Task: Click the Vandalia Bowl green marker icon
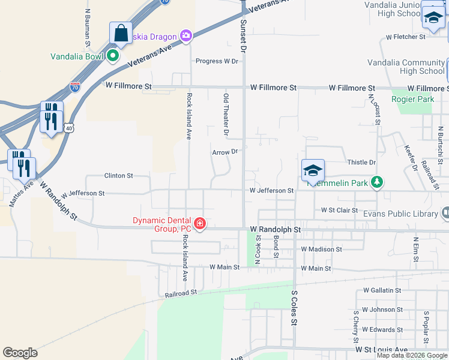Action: click(x=112, y=57)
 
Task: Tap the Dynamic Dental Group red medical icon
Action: click(x=199, y=224)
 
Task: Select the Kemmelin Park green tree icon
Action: click(x=376, y=182)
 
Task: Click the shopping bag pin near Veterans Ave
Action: click(x=121, y=34)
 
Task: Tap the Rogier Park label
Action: click(x=412, y=99)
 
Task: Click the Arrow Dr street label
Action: click(x=225, y=152)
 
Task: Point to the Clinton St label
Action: click(x=118, y=176)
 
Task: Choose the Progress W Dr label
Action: click(x=217, y=61)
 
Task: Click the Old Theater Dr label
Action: click(x=226, y=113)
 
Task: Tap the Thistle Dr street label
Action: click(x=361, y=163)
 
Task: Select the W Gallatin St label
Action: click(x=382, y=290)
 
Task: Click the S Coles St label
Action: click(x=294, y=308)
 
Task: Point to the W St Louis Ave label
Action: click(x=381, y=349)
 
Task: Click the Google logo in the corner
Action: click(x=20, y=353)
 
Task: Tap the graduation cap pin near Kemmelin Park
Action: click(x=313, y=171)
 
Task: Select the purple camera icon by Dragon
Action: click(x=186, y=35)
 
